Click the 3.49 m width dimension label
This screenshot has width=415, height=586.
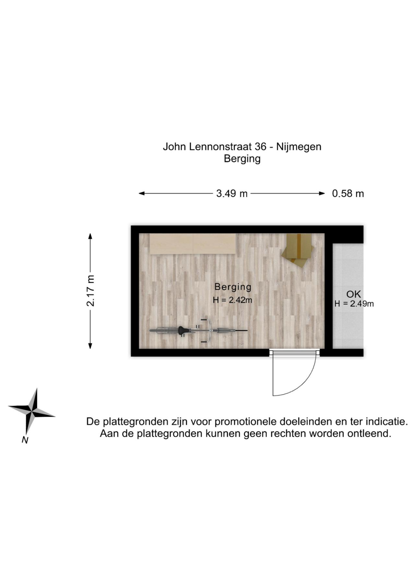(232, 194)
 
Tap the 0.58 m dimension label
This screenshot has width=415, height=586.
(348, 194)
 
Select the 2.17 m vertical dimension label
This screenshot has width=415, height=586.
(90, 291)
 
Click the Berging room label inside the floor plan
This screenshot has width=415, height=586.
(233, 287)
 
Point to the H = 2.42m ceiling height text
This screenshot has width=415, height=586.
(232, 300)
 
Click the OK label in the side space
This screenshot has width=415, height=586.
(353, 294)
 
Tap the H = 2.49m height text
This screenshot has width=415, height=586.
(354, 304)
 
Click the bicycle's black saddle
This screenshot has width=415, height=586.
(183, 330)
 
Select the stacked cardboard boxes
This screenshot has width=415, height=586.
(298, 250)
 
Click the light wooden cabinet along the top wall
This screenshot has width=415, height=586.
(193, 243)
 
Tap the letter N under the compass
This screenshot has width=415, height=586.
(25, 440)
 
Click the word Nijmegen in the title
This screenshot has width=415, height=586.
(299, 147)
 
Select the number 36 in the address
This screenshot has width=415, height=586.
(260, 147)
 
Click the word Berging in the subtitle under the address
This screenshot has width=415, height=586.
(242, 159)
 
